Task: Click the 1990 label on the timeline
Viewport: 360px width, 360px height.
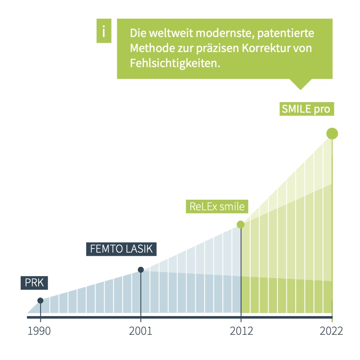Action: [39, 331]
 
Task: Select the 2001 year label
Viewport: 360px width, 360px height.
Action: [140, 331]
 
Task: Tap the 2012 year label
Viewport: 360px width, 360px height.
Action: [241, 331]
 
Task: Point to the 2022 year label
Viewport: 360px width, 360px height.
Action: [331, 331]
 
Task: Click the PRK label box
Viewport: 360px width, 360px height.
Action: [34, 283]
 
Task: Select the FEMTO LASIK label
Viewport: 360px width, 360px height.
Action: [121, 249]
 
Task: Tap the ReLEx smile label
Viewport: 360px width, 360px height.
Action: [217, 206]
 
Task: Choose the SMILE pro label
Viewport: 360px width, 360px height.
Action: [305, 109]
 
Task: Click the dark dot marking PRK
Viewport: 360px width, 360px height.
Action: [40, 301]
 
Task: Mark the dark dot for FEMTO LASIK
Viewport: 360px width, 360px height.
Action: [141, 269]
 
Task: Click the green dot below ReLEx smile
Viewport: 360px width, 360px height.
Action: [241, 225]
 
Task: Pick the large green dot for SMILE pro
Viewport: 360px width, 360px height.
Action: [332, 133]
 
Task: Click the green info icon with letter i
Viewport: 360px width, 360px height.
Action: [104, 31]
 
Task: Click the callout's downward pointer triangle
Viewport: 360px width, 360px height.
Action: [300, 83]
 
